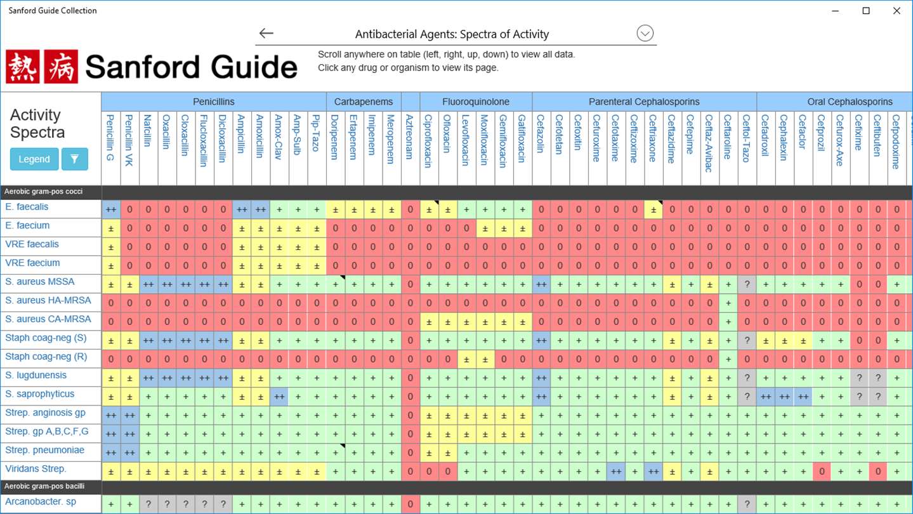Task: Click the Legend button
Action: pyautogui.click(x=34, y=159)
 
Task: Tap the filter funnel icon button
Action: pyautogui.click(x=74, y=159)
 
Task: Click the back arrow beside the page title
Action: pyautogui.click(x=266, y=34)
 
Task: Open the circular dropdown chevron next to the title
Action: pyautogui.click(x=645, y=34)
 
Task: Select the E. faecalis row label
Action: pyautogui.click(x=27, y=207)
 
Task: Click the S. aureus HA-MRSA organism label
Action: pyautogui.click(x=48, y=301)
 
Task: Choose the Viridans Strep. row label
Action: pyautogui.click(x=36, y=470)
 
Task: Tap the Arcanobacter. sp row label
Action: pyautogui.click(x=41, y=502)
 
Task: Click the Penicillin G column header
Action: pyautogui.click(x=110, y=138)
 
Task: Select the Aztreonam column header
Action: pyautogui.click(x=410, y=137)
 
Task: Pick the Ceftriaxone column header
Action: pyautogui.click(x=652, y=138)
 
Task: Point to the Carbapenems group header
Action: pyautogui.click(x=364, y=102)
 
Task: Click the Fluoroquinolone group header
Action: pyautogui.click(x=476, y=102)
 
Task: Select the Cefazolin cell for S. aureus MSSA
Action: pyautogui.click(x=541, y=285)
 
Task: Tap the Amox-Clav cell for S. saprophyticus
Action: pyautogui.click(x=279, y=397)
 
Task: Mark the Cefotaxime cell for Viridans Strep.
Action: pyautogui.click(x=615, y=472)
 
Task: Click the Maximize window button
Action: pyautogui.click(x=866, y=11)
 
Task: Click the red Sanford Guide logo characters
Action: pyautogui.click(x=42, y=67)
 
